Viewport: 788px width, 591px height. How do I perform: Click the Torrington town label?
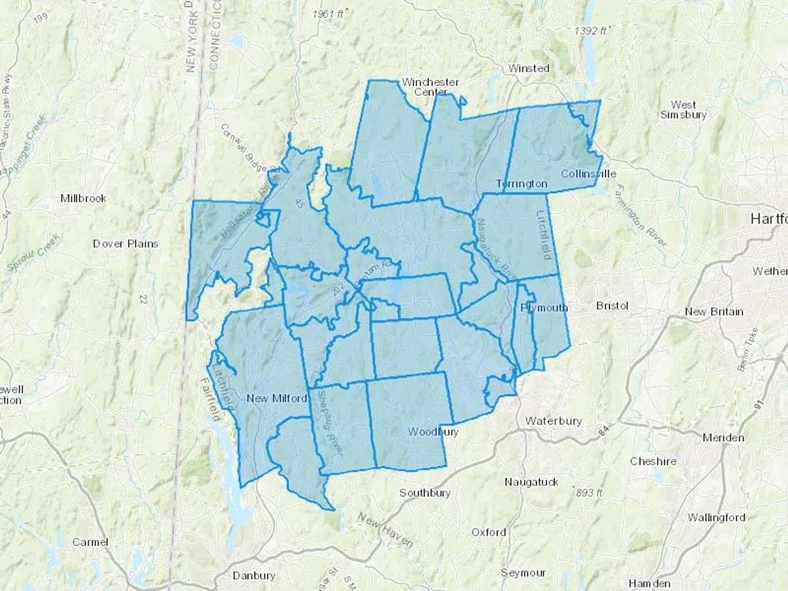click(521, 184)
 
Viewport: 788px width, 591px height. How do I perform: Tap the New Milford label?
click(277, 398)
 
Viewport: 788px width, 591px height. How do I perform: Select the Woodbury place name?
click(433, 432)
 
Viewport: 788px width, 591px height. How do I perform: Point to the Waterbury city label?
click(553, 421)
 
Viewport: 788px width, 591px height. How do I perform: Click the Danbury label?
click(254, 576)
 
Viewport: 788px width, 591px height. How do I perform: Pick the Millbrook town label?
click(83, 198)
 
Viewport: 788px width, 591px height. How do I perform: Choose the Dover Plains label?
click(125, 243)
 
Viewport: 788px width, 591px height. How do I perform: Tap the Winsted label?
click(528, 68)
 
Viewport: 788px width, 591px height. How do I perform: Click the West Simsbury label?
click(683, 110)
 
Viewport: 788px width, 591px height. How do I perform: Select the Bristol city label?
click(612, 306)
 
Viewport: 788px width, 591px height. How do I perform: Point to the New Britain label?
click(714, 312)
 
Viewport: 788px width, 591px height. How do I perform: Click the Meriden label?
click(723, 437)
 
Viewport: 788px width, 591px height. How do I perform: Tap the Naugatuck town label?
click(531, 482)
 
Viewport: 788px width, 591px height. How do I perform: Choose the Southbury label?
click(425, 493)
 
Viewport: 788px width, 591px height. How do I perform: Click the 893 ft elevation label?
click(589, 493)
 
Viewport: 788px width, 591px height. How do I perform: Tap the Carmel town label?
click(90, 542)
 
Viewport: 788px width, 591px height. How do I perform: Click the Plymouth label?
click(544, 308)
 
